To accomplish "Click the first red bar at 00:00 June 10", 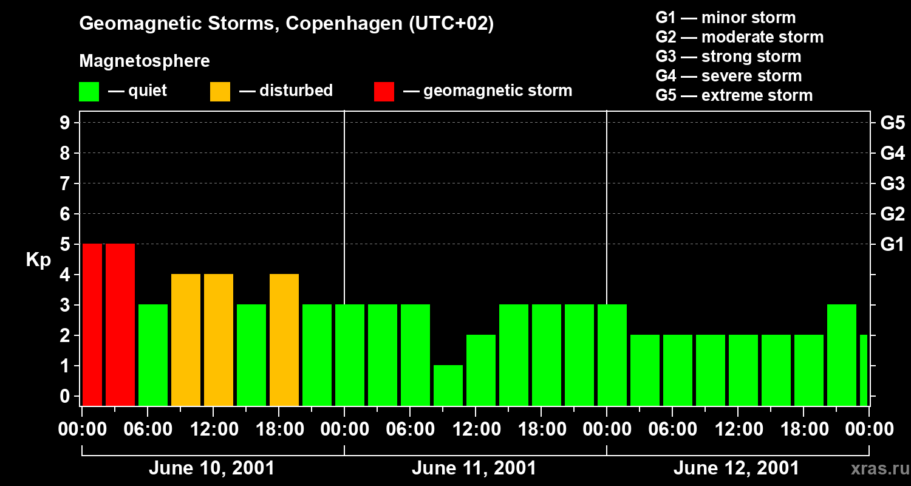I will coord(92,324).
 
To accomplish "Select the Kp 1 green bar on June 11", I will coord(448,385).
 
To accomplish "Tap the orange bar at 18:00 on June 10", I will coord(284,340).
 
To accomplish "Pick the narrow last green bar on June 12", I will coord(864,370).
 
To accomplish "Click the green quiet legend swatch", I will coord(89,91).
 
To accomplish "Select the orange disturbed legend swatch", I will coord(220,91).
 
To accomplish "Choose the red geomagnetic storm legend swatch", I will coord(384,91).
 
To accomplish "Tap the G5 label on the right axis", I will coord(892,123).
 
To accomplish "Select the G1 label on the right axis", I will coord(892,245).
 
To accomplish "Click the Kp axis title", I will coord(38,260).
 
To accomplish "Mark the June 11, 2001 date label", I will coord(474,468).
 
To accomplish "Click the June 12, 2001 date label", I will coord(736,468).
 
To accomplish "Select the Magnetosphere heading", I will coord(145,61).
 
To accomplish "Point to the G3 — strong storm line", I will coord(728,56).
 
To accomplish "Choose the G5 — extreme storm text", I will coord(734,95).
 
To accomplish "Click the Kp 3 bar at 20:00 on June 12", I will coord(842,355).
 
